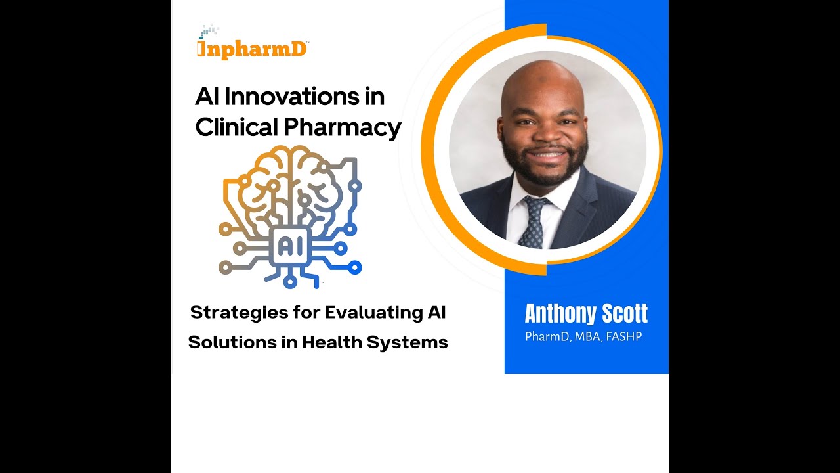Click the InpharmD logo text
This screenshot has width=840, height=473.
253,49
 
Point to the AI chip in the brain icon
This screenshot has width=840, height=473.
289,246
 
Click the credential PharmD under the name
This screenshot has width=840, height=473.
547,337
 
